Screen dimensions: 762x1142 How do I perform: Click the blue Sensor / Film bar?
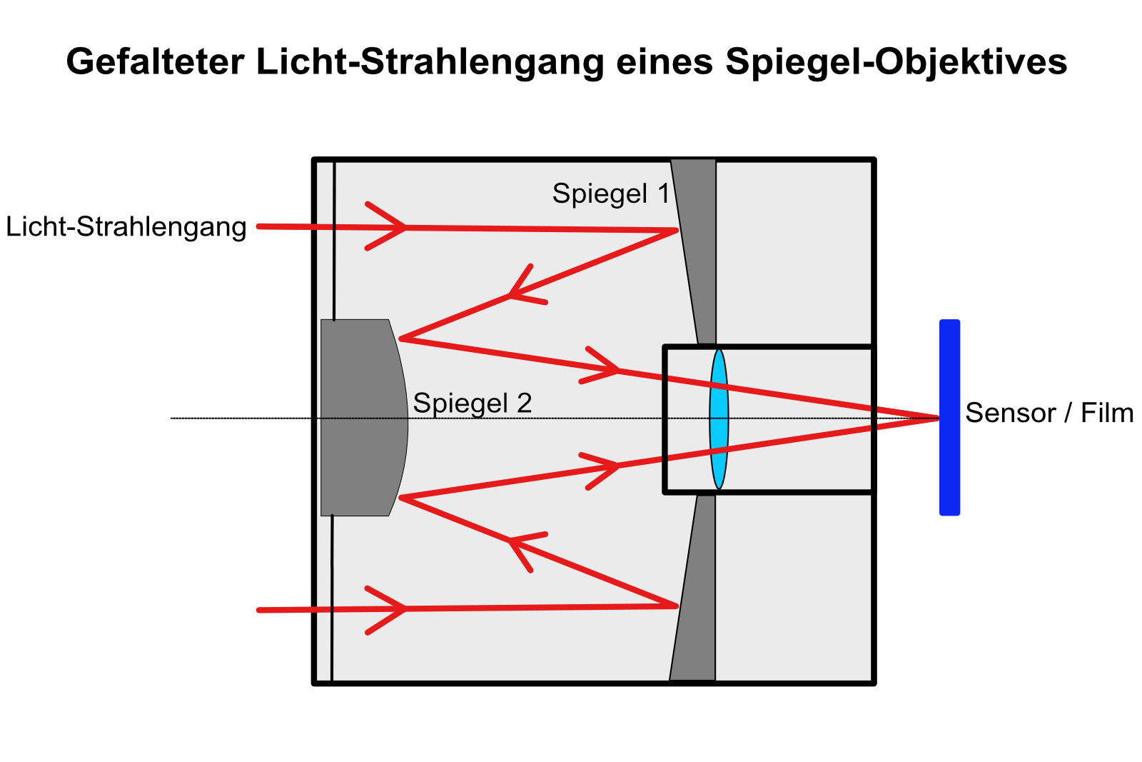949,417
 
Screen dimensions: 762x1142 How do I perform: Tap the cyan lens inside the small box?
719,418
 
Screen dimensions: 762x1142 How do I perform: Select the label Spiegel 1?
611,194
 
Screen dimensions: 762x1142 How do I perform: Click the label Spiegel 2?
473,403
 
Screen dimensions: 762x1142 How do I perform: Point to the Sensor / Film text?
1049,413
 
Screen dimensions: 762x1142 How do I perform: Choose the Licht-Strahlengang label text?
126,227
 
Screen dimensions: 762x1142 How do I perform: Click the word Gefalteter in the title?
156,62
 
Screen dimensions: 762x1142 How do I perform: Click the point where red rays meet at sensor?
938,418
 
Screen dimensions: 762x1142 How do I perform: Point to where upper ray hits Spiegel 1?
677,230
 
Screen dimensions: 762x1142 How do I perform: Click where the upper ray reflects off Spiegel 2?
400,338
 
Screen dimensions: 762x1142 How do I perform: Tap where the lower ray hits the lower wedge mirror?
677,606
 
